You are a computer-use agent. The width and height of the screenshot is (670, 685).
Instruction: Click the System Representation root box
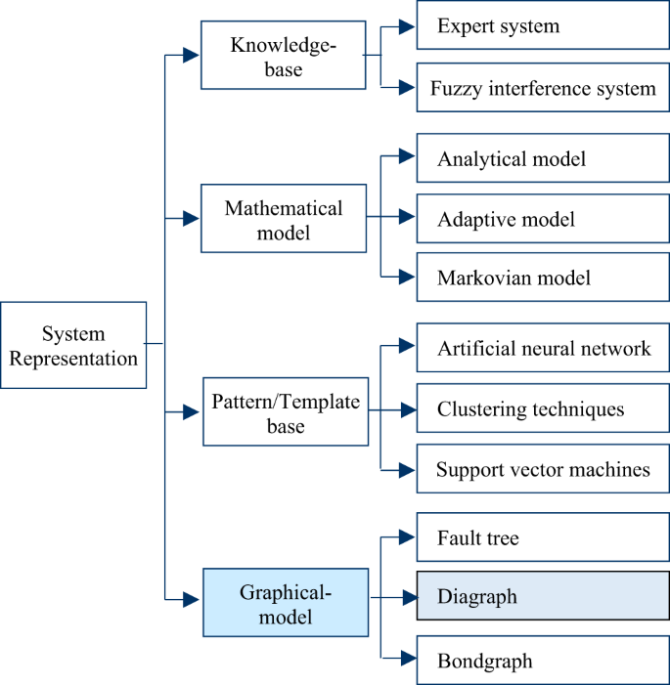click(x=73, y=347)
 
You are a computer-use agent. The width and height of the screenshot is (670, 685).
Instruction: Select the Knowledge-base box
click(x=282, y=56)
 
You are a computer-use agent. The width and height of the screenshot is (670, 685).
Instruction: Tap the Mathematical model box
click(x=284, y=220)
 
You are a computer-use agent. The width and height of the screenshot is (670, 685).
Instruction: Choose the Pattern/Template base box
click(x=286, y=412)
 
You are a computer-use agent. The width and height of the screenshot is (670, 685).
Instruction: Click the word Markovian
click(x=477, y=278)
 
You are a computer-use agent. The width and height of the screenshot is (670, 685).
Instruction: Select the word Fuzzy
click(x=454, y=89)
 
